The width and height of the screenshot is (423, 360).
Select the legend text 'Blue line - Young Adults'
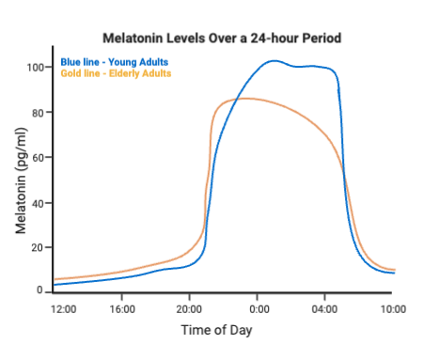pyautogui.click(x=114, y=62)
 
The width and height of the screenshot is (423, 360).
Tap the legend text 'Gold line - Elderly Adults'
pyautogui.click(x=117, y=73)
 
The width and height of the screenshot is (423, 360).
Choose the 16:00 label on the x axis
pyautogui.click(x=123, y=308)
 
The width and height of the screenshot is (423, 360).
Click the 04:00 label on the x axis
pyautogui.click(x=325, y=308)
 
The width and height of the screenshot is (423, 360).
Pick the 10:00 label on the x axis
pyautogui.click(x=393, y=308)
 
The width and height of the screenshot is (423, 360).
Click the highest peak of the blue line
pyautogui.click(x=272, y=61)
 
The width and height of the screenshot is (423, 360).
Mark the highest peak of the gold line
pyautogui.click(x=243, y=98)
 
